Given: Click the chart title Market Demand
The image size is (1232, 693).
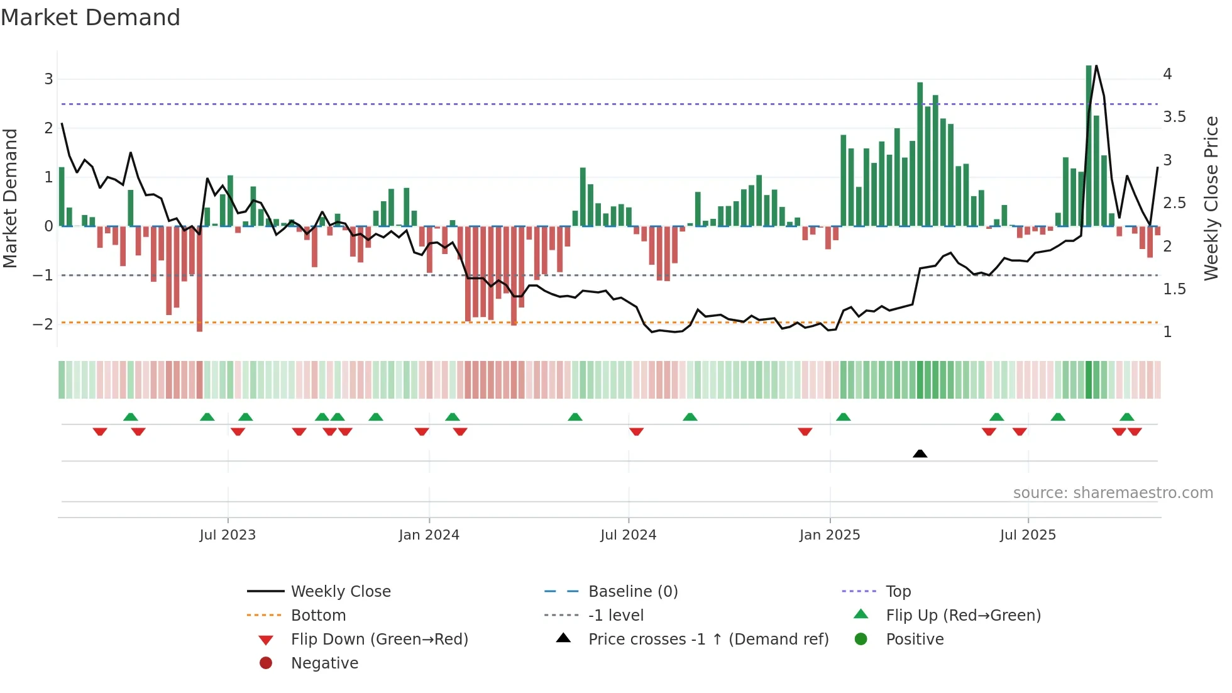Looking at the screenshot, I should click(x=91, y=18).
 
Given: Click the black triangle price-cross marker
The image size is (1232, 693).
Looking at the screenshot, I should click(x=920, y=453).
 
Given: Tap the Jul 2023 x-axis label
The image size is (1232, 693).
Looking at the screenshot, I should click(x=228, y=535).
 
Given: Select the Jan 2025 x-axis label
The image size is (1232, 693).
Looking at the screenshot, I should click(x=830, y=535).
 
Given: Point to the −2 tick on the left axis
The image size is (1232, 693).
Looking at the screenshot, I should click(x=43, y=324).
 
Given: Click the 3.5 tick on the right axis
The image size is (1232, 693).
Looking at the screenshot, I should click(x=1174, y=117).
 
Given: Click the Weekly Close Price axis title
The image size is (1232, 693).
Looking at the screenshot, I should click(x=1211, y=198).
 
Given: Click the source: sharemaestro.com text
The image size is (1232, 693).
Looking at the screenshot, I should click(x=1113, y=493).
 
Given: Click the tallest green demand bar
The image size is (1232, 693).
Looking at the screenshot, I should click(x=1089, y=145).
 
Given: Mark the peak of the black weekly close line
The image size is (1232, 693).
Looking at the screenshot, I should click(x=1096, y=65).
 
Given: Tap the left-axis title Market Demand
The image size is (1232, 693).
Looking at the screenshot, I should click(x=10, y=198).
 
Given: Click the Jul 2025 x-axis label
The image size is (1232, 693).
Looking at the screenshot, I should click(x=1028, y=535).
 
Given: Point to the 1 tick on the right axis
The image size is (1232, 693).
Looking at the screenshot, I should click(x=1167, y=332).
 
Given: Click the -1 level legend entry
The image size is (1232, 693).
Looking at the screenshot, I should click(x=615, y=616).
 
